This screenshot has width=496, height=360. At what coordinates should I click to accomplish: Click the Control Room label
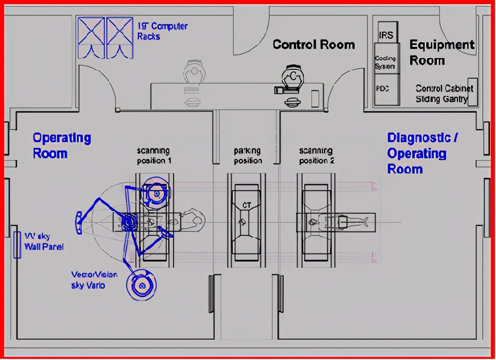click(313, 45)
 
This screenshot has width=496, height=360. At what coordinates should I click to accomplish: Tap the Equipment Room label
click(441, 53)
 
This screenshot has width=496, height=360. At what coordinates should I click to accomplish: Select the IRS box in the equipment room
click(386, 35)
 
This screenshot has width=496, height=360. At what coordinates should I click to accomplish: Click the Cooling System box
click(385, 63)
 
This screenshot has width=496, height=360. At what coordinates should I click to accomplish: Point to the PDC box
click(383, 88)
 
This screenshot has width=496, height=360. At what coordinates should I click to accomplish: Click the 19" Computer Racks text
click(162, 31)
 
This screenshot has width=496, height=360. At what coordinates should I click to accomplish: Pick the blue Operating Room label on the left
click(62, 145)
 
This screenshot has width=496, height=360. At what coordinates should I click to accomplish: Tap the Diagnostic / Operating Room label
click(422, 153)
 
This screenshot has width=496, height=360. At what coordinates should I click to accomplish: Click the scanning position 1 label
click(154, 156)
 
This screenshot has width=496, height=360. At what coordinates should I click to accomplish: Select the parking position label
click(247, 156)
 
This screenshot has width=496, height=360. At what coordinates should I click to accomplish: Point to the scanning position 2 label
click(316, 156)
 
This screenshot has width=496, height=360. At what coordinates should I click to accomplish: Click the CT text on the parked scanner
click(247, 205)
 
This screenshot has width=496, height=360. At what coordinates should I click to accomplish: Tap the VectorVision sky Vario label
click(94, 280)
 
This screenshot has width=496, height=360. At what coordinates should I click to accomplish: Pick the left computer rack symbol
click(91, 38)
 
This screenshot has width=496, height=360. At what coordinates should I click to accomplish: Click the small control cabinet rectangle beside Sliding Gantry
click(473, 92)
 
